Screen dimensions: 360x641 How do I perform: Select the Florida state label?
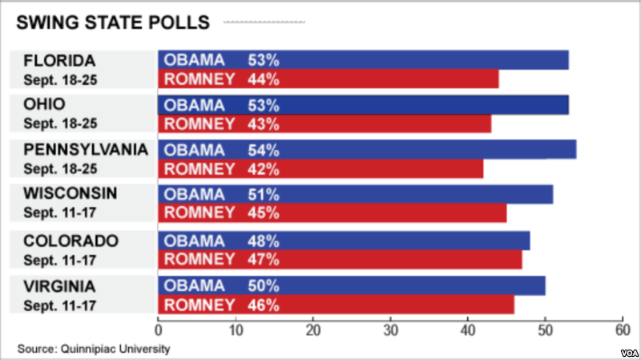coord(60,61)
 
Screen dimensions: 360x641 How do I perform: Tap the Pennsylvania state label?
coord(84,149)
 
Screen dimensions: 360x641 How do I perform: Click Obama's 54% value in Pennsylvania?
coord(263,150)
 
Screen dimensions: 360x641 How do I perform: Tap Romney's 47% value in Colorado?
coord(263,259)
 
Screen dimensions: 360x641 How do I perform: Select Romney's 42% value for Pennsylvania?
coord(263,168)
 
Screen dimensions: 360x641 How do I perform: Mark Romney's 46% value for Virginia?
coord(263,305)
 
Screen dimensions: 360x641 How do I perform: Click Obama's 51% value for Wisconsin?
coord(263,195)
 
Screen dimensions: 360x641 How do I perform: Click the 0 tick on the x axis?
coord(158,330)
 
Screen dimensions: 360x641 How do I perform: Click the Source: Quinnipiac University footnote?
coord(95,349)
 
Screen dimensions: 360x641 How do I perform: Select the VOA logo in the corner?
coord(627,351)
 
